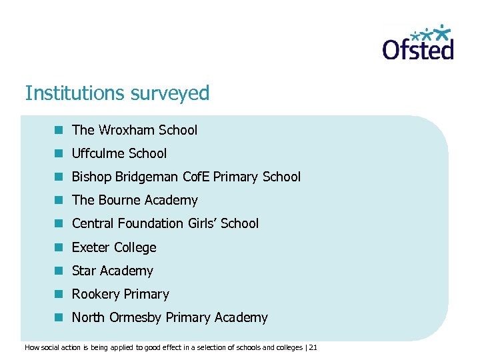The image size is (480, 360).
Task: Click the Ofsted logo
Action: click(418, 43)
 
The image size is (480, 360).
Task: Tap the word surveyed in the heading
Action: click(172, 93)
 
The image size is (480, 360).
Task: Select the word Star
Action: click(83, 271)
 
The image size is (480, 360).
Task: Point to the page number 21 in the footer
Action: click(314, 347)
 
